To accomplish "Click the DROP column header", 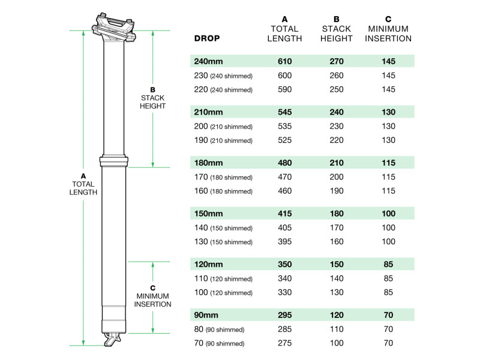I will coord(207,38).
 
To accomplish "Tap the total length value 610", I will coord(285,61).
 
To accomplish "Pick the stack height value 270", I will coord(337,61).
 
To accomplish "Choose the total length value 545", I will coord(285,112).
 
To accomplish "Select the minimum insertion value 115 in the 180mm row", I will coord(389,162).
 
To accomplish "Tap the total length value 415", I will coord(285,213).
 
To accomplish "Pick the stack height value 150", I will coord(337,263).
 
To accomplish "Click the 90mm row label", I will coord(205,314).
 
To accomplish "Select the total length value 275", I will coord(285,343).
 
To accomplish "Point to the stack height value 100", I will coord(337,343).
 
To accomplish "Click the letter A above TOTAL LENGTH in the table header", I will coord(285,19).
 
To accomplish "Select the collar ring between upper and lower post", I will coord(114,162).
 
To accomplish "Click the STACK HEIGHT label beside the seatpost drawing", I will coord(152,102).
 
